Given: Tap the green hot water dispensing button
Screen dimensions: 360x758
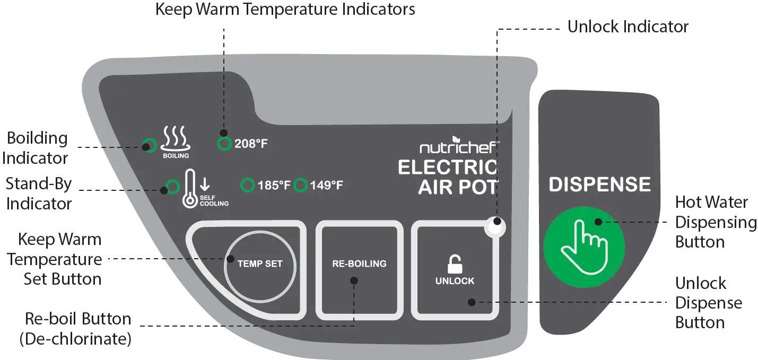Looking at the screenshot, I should [584, 245].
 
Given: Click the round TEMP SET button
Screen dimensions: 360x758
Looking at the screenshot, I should [259, 264].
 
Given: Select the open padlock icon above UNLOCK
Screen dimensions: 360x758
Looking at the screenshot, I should [455, 264].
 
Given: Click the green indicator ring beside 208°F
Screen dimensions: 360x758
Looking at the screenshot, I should [224, 143].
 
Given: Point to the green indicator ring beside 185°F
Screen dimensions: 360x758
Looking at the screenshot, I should [247, 186].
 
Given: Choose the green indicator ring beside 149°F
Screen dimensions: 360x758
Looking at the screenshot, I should [301, 186].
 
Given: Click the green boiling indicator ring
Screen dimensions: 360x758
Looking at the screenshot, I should [149, 144].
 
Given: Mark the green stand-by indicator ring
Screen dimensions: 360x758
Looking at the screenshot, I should [172, 186].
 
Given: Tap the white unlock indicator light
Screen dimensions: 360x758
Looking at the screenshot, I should [495, 229].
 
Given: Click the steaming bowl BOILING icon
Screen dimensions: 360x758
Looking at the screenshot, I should [176, 139].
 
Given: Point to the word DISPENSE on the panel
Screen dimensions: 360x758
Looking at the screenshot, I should [599, 185].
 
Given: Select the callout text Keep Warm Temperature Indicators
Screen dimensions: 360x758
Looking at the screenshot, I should [285, 10].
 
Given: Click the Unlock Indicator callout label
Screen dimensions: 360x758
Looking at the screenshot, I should [628, 27].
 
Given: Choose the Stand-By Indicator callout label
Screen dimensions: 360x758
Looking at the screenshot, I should [39, 194].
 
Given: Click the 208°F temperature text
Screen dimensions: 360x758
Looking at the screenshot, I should [251, 144].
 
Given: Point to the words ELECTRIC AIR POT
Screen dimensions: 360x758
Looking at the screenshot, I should [448, 177].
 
